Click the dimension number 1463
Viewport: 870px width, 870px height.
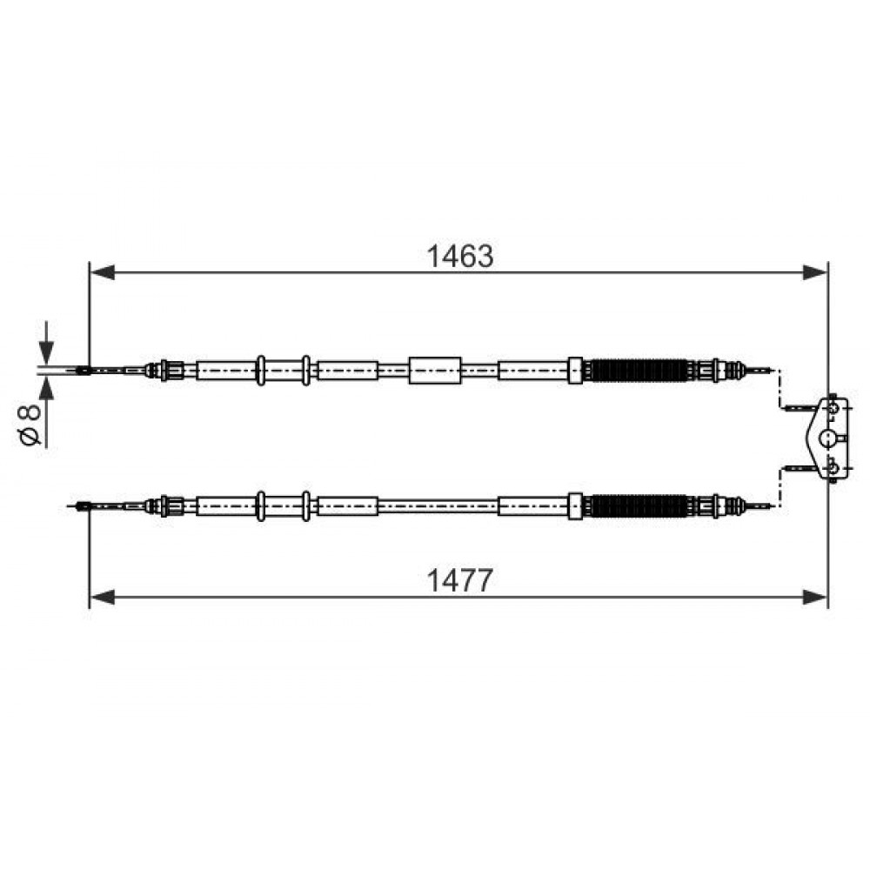pyautogui.click(x=459, y=257)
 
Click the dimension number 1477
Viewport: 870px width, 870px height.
pyautogui.click(x=459, y=581)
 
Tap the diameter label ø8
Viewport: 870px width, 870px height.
pyautogui.click(x=30, y=425)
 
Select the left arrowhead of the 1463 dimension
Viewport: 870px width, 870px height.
pyautogui.click(x=102, y=272)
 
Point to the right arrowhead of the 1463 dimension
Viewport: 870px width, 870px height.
pyautogui.click(x=815, y=272)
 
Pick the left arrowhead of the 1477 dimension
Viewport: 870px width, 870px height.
pyautogui.click(x=102, y=598)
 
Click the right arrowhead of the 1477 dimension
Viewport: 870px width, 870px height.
pyautogui.click(x=815, y=598)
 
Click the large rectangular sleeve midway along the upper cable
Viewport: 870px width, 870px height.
pyautogui.click(x=435, y=370)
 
